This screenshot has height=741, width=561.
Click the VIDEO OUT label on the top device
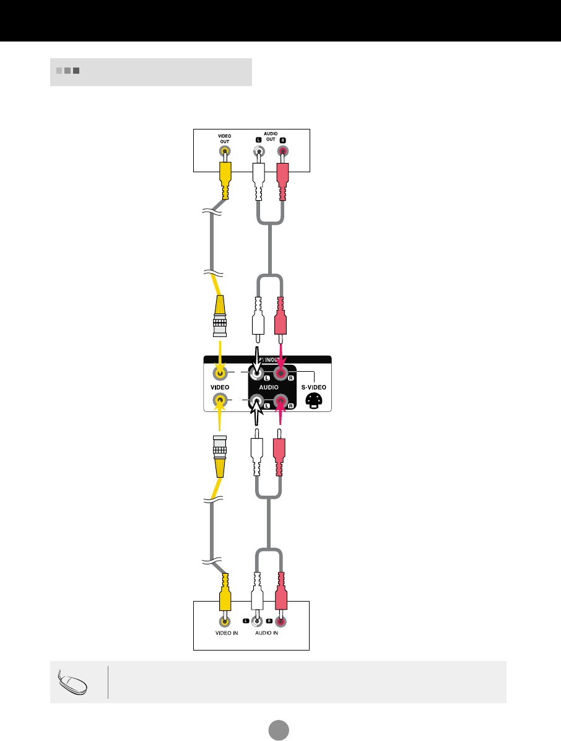click(224, 138)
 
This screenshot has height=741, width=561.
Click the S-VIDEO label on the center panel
click(313, 387)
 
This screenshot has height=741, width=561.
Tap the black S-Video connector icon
click(313, 401)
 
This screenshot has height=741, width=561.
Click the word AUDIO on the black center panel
click(267, 387)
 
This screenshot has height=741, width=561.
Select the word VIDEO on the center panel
click(220, 387)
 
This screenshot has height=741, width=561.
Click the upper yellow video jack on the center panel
click(220, 373)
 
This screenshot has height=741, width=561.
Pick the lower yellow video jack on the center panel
click(220, 402)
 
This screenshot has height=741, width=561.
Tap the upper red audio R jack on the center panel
click(282, 373)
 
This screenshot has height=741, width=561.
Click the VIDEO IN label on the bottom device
click(222, 634)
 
